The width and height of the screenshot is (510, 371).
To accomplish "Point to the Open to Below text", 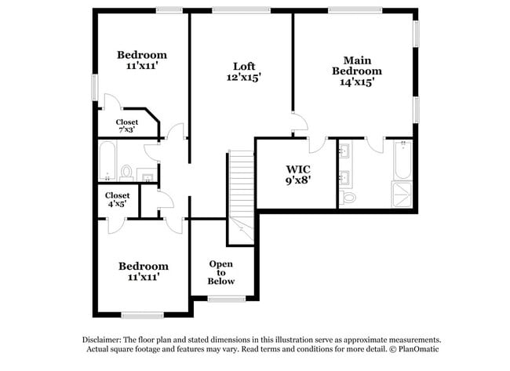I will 220,272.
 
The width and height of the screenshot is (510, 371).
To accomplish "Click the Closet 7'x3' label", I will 126,125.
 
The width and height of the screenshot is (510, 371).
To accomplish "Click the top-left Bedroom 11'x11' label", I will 142,60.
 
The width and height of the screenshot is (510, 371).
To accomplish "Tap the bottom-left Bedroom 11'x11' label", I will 143,271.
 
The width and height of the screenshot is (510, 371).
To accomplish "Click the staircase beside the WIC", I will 241,188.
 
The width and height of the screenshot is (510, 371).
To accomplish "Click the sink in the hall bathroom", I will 144,173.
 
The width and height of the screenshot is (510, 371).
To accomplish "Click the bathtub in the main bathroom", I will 402,160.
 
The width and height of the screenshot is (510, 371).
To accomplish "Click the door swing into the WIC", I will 318,145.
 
